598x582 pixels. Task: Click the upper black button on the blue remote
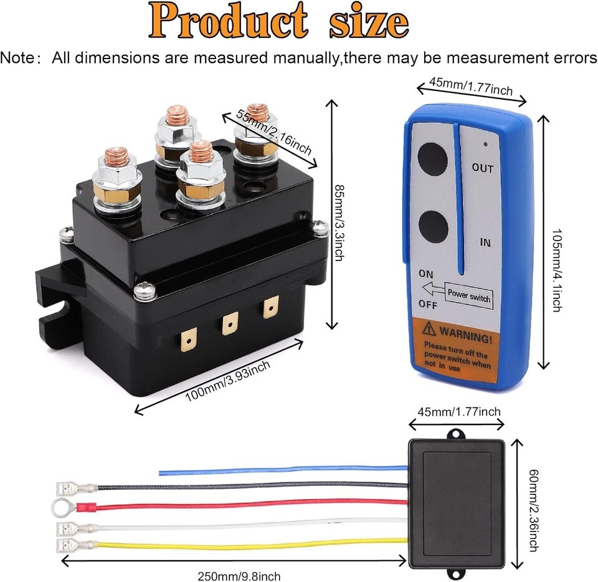[x=432, y=159]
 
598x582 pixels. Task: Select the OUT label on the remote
[x=482, y=168]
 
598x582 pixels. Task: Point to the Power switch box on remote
[x=468, y=295]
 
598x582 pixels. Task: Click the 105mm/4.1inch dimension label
[x=557, y=271]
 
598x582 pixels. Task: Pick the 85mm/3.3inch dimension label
[x=339, y=223]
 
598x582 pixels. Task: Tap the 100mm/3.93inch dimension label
[x=228, y=381]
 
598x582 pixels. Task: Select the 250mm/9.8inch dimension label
[x=239, y=576]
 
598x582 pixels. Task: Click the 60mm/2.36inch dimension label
[x=534, y=510]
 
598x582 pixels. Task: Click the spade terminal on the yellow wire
[x=75, y=546]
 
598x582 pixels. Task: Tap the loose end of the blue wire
[x=160, y=474]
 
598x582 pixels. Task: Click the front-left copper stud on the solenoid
[x=116, y=156]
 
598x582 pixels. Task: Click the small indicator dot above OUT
[x=485, y=144]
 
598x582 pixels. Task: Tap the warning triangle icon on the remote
[x=429, y=329]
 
